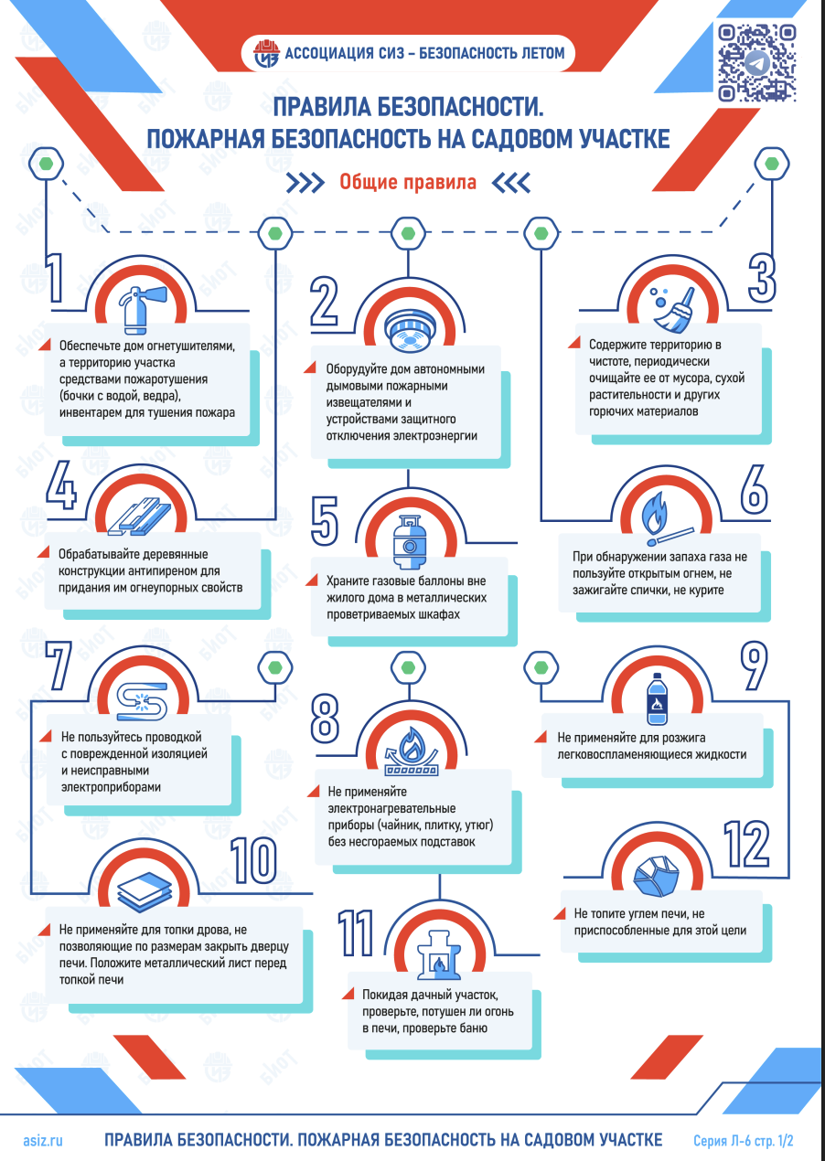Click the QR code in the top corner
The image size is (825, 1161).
(756, 62)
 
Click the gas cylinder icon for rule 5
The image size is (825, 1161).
(410, 541)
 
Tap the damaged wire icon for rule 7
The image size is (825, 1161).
(142, 701)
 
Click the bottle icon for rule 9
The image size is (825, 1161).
(657, 698)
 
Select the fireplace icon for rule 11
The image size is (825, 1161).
(439, 954)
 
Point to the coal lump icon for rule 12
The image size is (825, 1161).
(657, 877)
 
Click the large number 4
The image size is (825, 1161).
(61, 485)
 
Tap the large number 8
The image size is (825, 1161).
(325, 719)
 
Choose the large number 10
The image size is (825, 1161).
(253, 861)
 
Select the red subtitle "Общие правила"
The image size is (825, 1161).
(408, 183)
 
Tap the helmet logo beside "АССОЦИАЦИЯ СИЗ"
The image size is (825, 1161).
(266, 53)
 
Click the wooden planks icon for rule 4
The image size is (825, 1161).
(139, 517)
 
